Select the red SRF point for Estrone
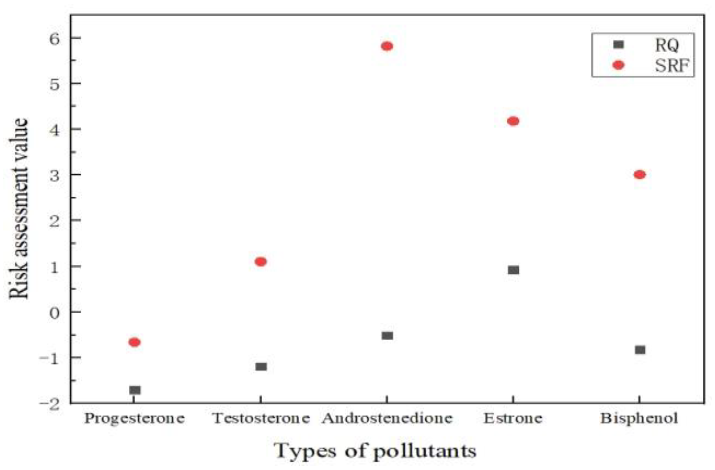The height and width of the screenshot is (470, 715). click(x=513, y=121)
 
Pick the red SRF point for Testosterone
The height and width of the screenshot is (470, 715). click(x=261, y=262)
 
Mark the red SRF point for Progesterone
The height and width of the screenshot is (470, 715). click(x=134, y=342)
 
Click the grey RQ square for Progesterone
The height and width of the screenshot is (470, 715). click(x=135, y=390)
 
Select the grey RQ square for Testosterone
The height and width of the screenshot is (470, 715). click(x=261, y=366)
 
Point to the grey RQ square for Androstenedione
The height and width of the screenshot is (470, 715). click(x=387, y=336)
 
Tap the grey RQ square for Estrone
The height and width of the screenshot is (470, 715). click(x=513, y=270)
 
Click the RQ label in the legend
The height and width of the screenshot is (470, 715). click(x=666, y=45)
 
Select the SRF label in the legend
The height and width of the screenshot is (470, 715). click(x=672, y=66)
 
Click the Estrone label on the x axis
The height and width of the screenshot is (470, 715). click(x=513, y=418)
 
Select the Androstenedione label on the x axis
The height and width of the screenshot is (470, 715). click(x=387, y=418)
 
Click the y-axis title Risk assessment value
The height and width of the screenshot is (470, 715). click(x=18, y=209)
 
